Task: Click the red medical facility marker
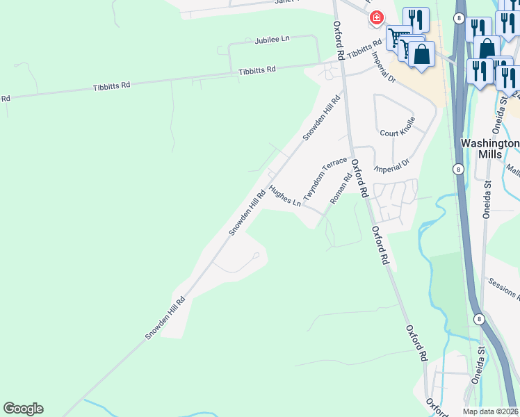(376, 17)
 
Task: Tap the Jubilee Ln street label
(272, 40)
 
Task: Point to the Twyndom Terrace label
(324, 177)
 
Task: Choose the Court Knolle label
(398, 132)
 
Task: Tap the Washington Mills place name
(490, 149)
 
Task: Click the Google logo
(23, 409)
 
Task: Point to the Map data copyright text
(491, 411)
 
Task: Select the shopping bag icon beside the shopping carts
(421, 54)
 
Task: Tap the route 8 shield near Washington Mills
(458, 169)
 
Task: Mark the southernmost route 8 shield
(479, 318)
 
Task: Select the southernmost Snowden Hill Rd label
(165, 318)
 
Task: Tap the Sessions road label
(503, 287)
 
